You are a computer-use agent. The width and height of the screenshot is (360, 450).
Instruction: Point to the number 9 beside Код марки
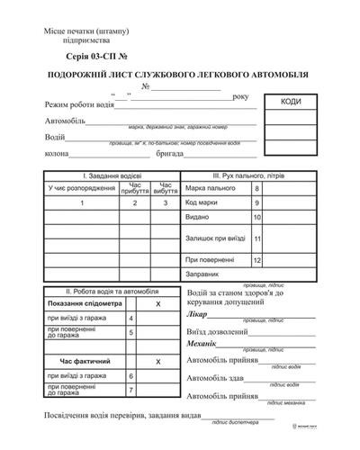click(257, 203)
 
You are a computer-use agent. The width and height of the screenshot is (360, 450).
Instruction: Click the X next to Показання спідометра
click(157, 306)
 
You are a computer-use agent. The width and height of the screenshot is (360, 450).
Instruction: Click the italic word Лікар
click(197, 317)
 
